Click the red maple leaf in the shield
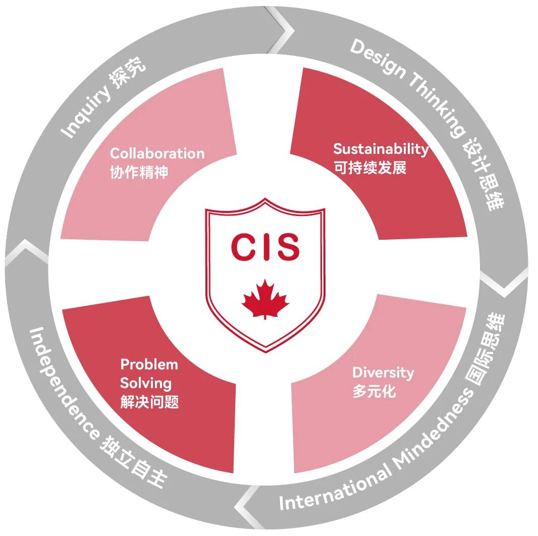pos(265,299)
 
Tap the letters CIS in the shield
pos(265,247)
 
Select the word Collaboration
pos(157,153)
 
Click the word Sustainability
pos(381,149)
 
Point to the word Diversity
pos(383,373)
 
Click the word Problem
pos(149,364)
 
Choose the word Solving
pos(146,383)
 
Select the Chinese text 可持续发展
pos(370,168)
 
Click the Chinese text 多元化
pos(374,391)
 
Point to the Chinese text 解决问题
pos(149,402)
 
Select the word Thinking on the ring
pos(438,104)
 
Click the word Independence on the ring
pos(62,384)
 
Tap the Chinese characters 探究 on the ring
pos(129,73)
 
